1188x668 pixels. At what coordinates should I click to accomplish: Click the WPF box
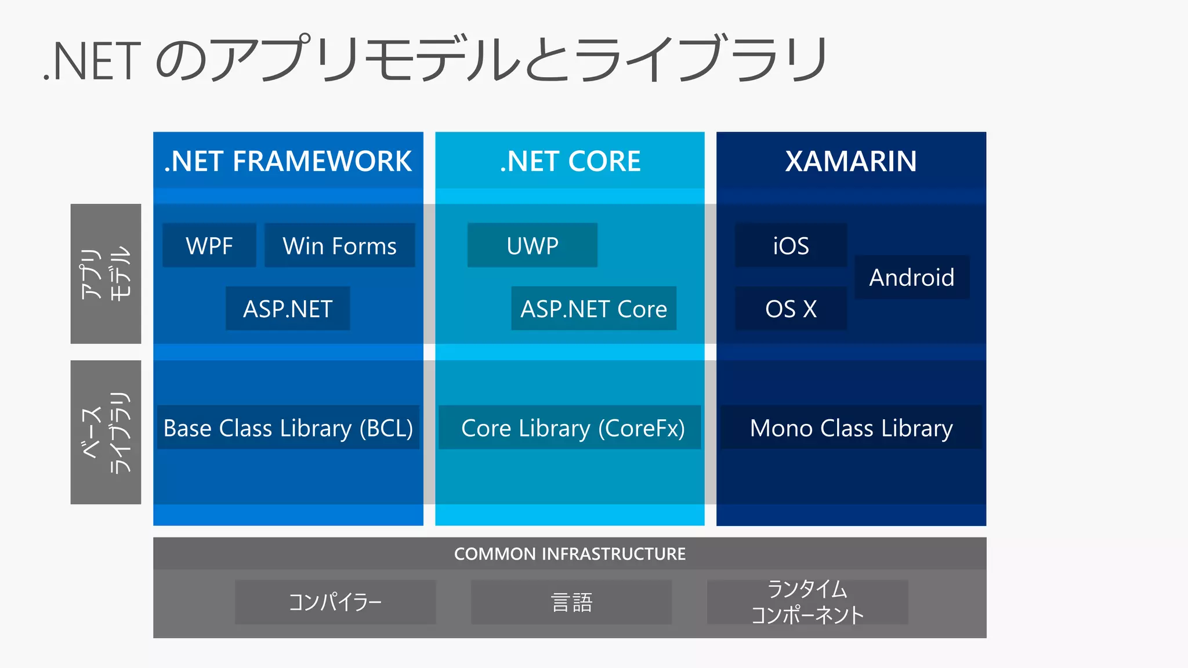[209, 245]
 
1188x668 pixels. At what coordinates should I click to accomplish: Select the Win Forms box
[339, 245]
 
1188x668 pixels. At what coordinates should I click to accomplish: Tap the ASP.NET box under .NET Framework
[288, 308]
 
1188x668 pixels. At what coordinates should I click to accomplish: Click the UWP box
[532, 245]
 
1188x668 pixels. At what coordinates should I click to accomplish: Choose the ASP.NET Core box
[593, 308]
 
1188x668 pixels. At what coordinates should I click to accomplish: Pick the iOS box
[791, 245]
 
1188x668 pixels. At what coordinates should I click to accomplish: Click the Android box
[911, 277]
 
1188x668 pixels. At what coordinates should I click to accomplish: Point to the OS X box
[791, 308]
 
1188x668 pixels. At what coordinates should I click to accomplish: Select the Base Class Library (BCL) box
[288, 427]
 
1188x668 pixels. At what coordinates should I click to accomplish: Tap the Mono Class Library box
[851, 427]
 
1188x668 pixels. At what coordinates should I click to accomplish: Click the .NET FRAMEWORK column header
[288, 161]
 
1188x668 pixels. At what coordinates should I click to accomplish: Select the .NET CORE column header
[570, 161]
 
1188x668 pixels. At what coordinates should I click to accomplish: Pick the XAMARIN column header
[851, 161]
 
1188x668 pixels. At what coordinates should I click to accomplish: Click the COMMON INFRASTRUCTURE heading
[570, 554]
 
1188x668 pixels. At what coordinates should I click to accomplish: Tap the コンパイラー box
[335, 602]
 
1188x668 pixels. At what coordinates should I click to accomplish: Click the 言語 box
[571, 602]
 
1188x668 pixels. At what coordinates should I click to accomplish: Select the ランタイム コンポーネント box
[807, 602]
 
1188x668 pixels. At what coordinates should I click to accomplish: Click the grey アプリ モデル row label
[106, 274]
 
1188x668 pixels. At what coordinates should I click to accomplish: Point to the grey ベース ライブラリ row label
[106, 432]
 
